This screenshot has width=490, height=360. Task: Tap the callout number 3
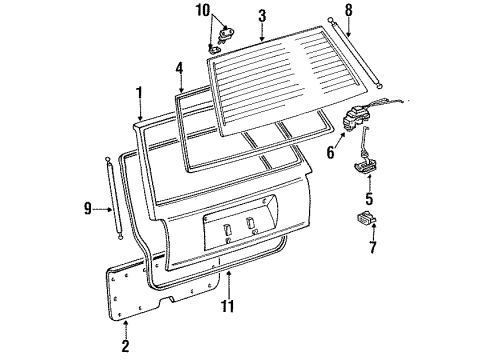(261, 16)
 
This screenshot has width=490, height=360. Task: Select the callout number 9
(88, 208)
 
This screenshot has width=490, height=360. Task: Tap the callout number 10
(205, 11)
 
